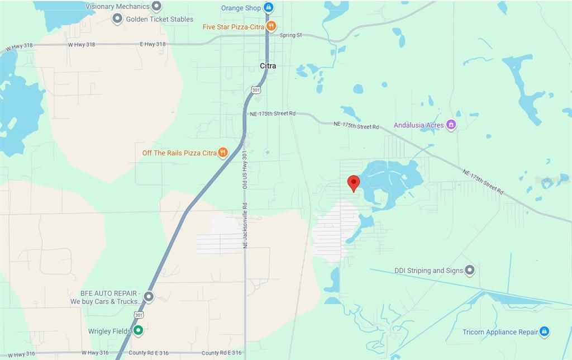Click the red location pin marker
coord(353,183)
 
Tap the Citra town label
coord(268,66)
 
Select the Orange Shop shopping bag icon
coord(269,7)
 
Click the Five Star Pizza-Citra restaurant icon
coord(271,26)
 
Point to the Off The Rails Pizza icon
coord(223,152)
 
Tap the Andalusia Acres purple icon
coord(451,125)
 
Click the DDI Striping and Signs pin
coord(470,271)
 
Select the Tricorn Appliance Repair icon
coord(544,331)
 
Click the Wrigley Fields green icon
coord(138,331)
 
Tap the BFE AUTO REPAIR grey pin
coord(149,296)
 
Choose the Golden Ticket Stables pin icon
coord(117,19)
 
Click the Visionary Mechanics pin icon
coord(156,7)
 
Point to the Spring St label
coord(290,35)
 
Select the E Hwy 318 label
coord(152,44)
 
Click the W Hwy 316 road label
coord(95,353)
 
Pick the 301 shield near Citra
coord(256,89)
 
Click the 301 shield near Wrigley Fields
coord(138,315)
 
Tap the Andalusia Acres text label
coord(418,125)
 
